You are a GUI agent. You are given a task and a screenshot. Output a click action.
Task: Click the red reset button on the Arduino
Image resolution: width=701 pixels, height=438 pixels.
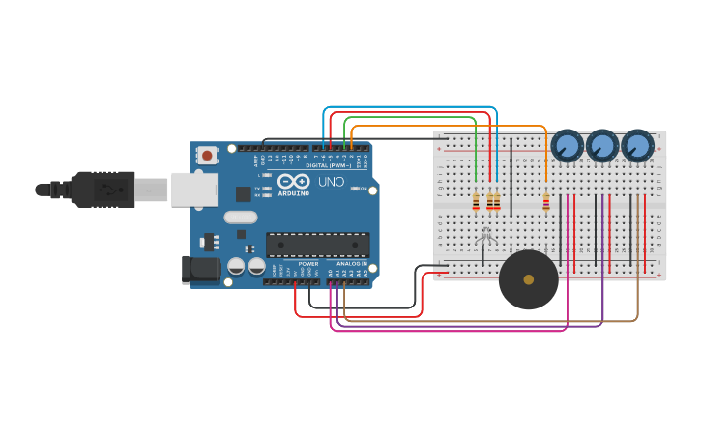click(207, 155)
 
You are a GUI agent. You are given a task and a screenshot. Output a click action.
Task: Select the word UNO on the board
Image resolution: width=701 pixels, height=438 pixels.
click(331, 181)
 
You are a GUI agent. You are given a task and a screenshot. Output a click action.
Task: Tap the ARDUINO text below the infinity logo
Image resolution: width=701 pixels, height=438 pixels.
click(294, 193)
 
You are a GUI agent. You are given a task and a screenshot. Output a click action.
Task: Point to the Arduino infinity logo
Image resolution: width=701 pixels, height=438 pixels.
click(293, 181)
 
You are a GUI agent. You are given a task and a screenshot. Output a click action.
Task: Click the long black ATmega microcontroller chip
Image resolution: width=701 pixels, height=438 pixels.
click(317, 246)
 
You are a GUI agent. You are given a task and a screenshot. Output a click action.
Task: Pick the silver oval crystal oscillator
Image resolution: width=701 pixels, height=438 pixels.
click(241, 218)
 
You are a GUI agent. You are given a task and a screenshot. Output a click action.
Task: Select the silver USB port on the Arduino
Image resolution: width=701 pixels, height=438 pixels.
click(193, 190)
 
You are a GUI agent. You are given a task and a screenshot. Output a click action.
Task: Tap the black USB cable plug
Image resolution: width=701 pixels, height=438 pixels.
click(102, 190)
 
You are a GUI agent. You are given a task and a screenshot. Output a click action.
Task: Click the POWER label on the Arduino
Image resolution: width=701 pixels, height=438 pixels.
click(308, 263)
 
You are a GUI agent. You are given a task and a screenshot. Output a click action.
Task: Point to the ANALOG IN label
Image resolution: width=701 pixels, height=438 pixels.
click(352, 263)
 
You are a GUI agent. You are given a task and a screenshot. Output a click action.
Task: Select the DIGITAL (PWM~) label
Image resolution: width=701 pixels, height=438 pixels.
click(329, 165)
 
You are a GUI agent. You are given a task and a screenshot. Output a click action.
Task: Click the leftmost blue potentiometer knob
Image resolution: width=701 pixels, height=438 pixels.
click(567, 146)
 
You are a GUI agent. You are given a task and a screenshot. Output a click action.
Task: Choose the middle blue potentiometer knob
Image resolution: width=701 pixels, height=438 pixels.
click(602, 146)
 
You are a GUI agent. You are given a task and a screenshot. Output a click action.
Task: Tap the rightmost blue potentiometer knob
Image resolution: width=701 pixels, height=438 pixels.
click(637, 146)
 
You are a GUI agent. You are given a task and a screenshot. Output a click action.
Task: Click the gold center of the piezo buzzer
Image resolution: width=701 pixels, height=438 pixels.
click(528, 279)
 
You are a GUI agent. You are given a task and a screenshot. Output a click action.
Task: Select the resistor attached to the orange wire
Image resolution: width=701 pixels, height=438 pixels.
click(546, 202)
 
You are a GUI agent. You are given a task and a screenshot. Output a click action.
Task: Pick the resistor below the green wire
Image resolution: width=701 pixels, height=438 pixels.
click(476, 201)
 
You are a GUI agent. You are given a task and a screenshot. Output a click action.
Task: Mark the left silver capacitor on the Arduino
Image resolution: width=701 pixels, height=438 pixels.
click(236, 265)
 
